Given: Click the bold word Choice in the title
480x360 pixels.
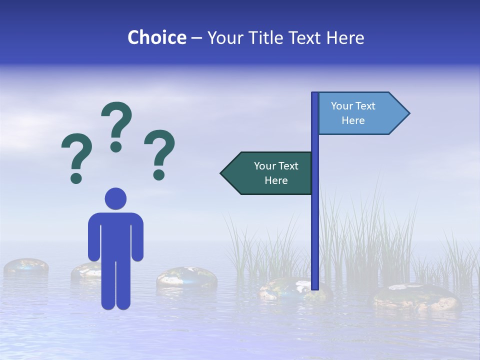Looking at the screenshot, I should (x=156, y=38).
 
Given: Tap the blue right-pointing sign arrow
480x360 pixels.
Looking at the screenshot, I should (x=360, y=113).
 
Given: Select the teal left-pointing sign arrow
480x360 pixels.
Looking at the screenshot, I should (x=270, y=173).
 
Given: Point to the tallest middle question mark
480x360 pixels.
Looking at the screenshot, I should (x=116, y=120).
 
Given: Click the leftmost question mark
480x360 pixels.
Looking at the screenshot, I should (x=76, y=152).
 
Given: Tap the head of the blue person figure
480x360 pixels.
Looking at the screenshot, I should (x=115, y=198).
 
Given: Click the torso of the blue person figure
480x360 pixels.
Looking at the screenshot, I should (x=115, y=235).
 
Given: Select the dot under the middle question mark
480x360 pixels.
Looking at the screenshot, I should (x=116, y=146).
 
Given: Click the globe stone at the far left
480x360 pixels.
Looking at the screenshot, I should (x=26, y=267).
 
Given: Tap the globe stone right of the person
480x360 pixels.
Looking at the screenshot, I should (x=186, y=278).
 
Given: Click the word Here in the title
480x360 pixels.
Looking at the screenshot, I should (x=345, y=38).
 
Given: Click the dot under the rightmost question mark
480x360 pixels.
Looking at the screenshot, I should (x=159, y=174).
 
